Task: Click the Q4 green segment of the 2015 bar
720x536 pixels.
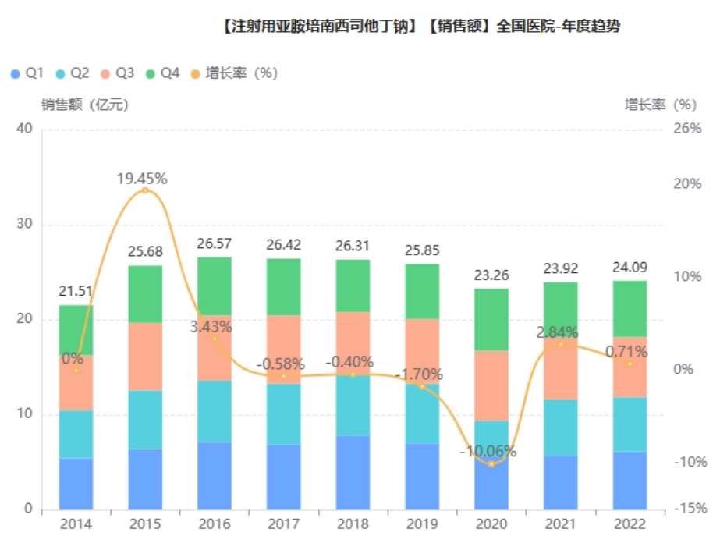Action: coord(145,294)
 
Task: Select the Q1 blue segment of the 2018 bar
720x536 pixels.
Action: coord(353,472)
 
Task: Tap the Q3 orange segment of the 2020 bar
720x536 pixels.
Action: coord(491,385)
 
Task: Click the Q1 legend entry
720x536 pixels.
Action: coord(27,73)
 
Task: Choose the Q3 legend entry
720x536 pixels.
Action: coord(116,73)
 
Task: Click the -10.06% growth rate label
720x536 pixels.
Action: coord(488,452)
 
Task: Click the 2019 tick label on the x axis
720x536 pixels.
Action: coord(422,524)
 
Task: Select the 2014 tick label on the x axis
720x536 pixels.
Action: coord(76,524)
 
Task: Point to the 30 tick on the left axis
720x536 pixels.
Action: coord(25,225)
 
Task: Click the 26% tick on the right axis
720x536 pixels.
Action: coord(687,129)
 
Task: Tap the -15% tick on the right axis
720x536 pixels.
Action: coord(690,509)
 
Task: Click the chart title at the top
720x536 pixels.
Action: coord(421,27)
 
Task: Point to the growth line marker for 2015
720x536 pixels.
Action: coord(145,190)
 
